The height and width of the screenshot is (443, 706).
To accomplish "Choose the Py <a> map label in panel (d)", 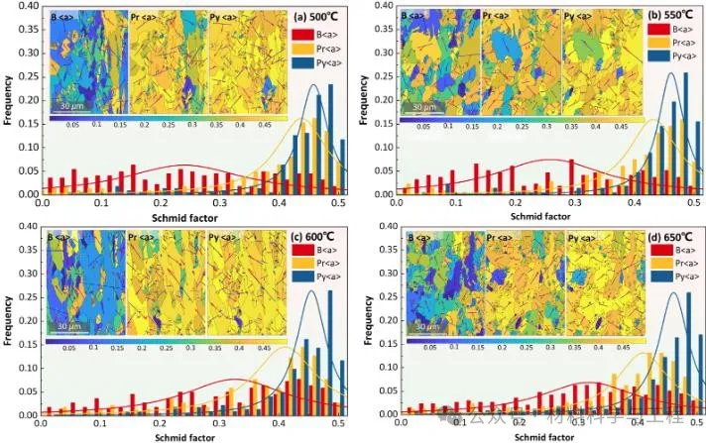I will pyautogui.click(x=578, y=238).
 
